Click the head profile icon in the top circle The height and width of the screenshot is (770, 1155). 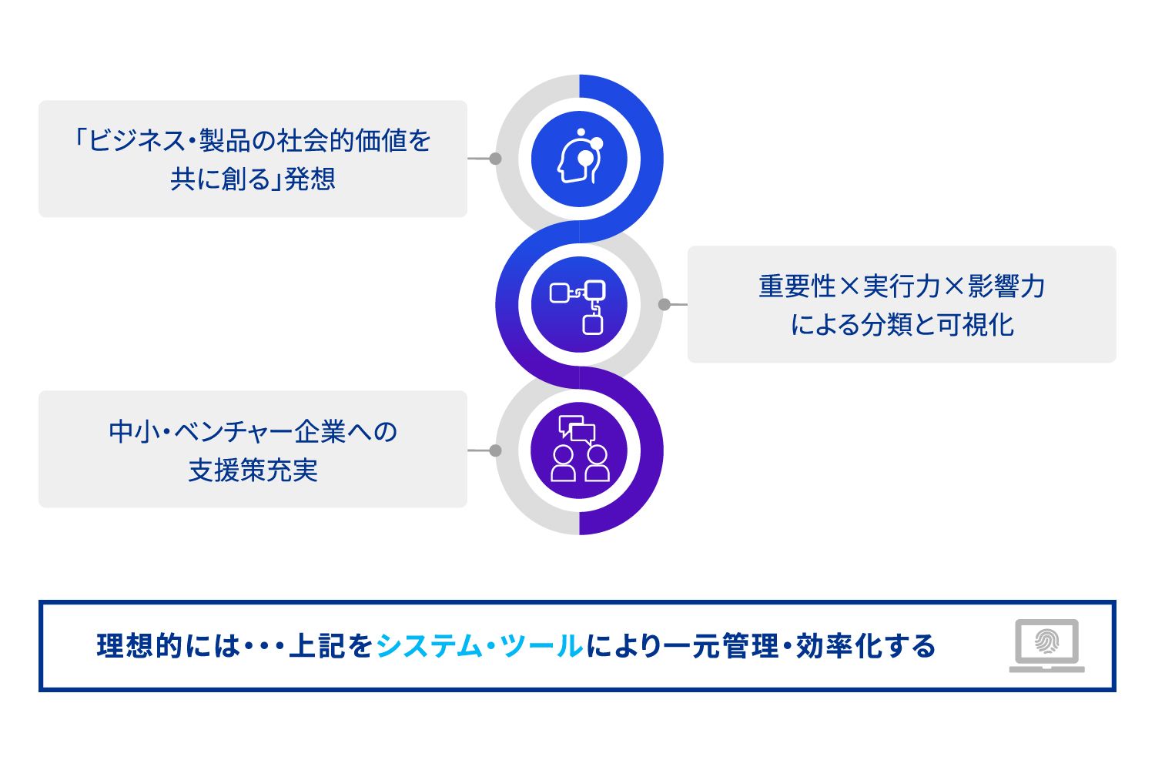579,159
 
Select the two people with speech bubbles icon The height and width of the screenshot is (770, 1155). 579,450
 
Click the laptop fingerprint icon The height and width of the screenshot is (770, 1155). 1047,645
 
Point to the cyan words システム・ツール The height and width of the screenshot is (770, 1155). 479,646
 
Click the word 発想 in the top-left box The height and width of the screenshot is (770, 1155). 310,179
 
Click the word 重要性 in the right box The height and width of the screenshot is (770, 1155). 797,286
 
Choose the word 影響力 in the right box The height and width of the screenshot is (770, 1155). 1006,286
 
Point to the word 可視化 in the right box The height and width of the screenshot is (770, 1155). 976,325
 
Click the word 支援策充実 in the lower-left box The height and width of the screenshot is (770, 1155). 253,470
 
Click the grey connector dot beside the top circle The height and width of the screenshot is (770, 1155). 495,159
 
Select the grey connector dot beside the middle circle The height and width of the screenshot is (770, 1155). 665,305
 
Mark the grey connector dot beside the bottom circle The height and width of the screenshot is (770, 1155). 495,450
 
